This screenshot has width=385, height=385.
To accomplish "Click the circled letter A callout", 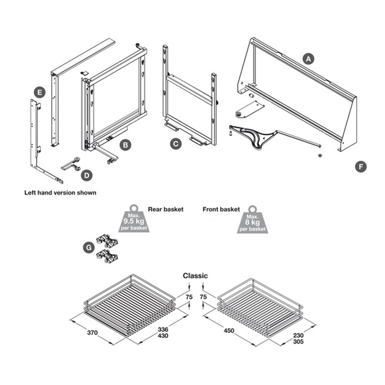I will pos(308,59).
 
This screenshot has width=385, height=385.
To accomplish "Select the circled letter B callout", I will pos(124,144).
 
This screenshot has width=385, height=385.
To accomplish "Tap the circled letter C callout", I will pos(177,143).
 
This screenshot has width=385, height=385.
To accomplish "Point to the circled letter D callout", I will pos(86,176).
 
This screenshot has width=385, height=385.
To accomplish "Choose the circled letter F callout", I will pos(360,167).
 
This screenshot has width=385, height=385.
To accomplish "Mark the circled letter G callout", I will pos(87,247).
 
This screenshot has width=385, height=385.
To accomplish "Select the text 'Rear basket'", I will pos(166,210).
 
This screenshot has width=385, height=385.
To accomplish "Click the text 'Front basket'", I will pos(222,209).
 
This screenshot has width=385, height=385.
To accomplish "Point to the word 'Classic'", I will pos(195,276).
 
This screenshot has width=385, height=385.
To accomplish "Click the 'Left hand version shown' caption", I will pos(60,192).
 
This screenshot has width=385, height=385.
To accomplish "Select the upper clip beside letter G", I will pos(107,241).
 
